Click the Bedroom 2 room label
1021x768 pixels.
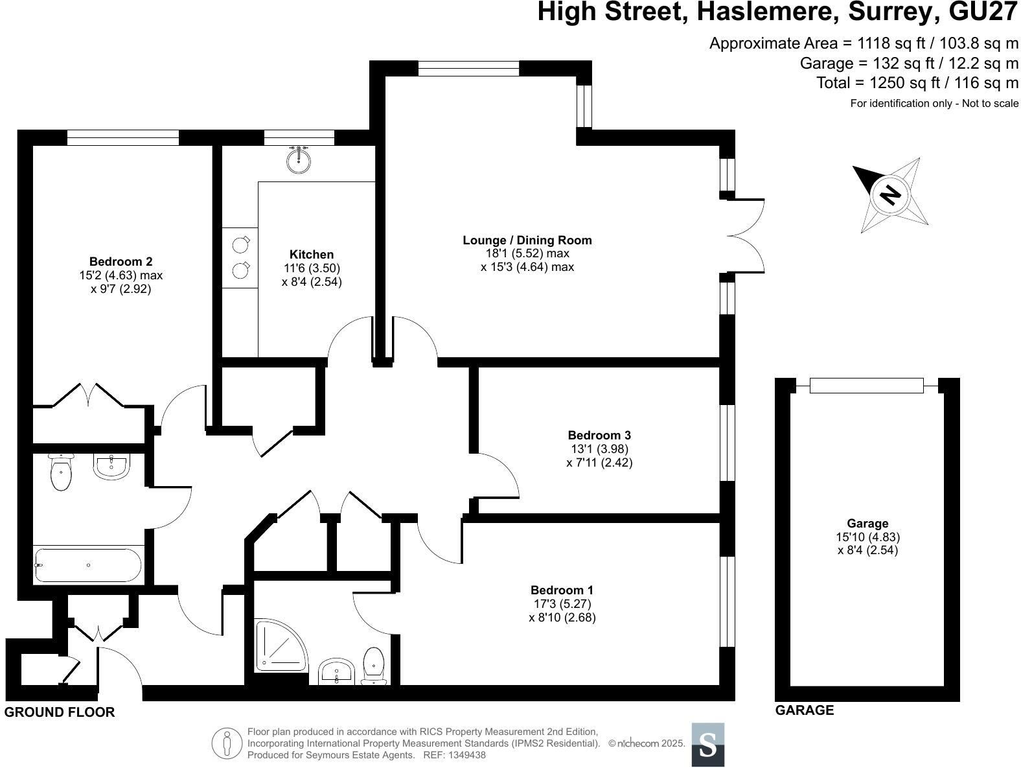pyautogui.click(x=120, y=262)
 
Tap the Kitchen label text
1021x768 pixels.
pyautogui.click(x=312, y=255)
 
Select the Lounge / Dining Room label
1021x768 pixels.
pyautogui.click(x=527, y=240)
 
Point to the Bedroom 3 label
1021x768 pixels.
pyautogui.click(x=599, y=435)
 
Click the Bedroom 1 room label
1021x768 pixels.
pyautogui.click(x=562, y=590)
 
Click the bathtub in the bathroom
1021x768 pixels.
pyautogui.click(x=87, y=565)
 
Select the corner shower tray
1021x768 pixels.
pyautogui.click(x=278, y=646)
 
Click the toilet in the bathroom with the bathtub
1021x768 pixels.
pyautogui.click(x=61, y=472)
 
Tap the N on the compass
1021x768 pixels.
pyautogui.click(x=891, y=194)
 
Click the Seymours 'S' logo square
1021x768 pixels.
pyautogui.click(x=707, y=745)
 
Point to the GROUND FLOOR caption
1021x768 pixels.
pyautogui.click(x=60, y=712)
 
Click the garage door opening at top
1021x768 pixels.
pyautogui.click(x=866, y=386)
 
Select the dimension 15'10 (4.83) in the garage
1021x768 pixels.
pyautogui.click(x=867, y=537)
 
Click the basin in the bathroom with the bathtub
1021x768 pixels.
pyautogui.click(x=113, y=466)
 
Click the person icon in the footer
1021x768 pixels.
pyautogui.click(x=227, y=743)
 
